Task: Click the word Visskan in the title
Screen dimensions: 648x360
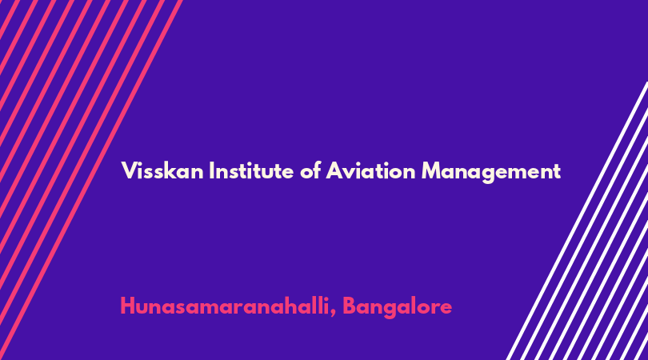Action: point(162,170)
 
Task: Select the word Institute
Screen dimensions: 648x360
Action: point(251,170)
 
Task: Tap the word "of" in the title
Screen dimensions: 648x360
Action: point(310,170)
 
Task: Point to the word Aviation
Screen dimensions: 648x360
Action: point(370,170)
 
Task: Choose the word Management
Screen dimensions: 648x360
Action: point(491,172)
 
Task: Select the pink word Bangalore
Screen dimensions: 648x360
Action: point(397,307)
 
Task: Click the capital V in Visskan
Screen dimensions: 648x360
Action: point(129,170)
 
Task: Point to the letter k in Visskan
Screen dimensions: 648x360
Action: point(175,170)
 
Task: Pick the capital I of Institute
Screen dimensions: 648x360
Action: point(211,170)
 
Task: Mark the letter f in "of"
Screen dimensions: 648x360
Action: point(317,170)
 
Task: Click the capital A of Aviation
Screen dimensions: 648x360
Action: point(334,170)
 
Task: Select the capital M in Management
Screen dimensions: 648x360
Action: point(431,170)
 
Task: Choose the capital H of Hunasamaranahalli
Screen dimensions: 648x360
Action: point(128,306)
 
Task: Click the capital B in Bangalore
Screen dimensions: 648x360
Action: point(349,306)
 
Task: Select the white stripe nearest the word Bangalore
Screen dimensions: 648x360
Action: point(578,221)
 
